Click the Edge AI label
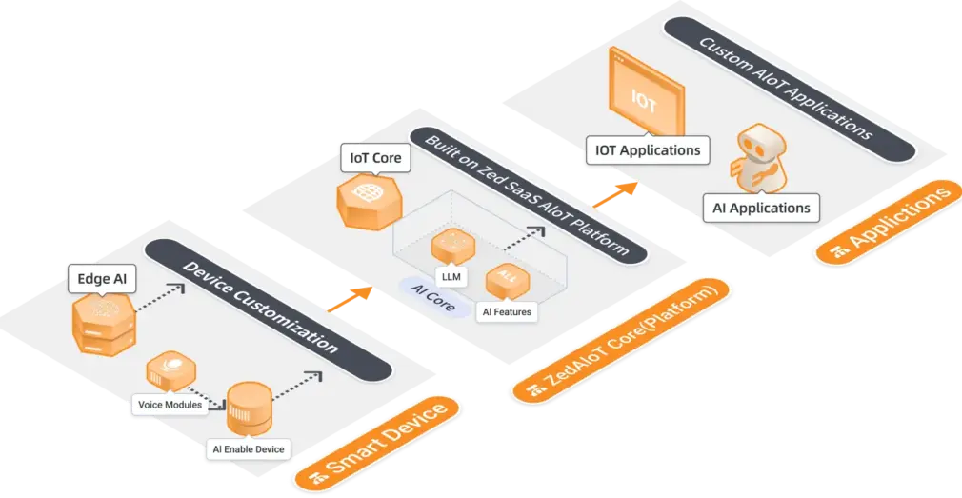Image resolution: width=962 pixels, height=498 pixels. (102, 279)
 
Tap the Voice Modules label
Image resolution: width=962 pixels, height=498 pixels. (170, 404)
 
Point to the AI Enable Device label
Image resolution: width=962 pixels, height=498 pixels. (247, 448)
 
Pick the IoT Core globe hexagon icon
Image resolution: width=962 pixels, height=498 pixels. (367, 201)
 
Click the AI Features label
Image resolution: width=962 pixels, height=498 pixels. (506, 310)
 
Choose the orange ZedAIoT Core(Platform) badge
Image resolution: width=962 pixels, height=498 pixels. (619, 339)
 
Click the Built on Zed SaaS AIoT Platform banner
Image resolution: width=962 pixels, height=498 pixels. (529, 191)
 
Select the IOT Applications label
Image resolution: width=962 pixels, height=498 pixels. (648, 149)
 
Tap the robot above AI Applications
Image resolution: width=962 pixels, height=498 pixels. (757, 158)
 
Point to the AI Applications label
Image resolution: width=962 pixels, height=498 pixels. (760, 207)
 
